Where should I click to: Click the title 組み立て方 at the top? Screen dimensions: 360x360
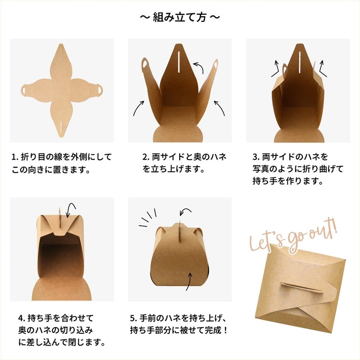(x=180, y=18)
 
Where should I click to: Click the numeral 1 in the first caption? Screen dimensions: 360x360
(x=14, y=158)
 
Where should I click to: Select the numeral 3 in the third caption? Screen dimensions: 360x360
(x=255, y=158)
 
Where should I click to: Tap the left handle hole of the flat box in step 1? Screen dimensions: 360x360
(x=23, y=90)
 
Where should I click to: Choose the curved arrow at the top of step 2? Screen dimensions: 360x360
(x=198, y=68)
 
